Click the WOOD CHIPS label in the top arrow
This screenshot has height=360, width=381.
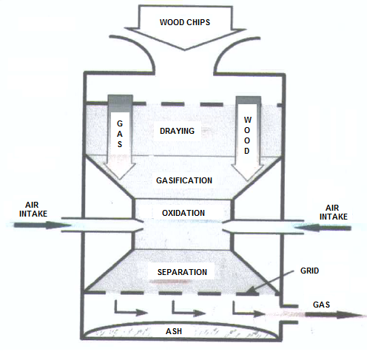tap(185, 22)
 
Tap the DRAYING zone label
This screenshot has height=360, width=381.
tap(177, 131)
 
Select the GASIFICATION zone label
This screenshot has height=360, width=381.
tap(184, 180)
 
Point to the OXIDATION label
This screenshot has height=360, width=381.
tap(183, 213)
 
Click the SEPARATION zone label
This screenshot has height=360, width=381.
tap(182, 272)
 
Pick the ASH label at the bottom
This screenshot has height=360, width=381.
tap(174, 331)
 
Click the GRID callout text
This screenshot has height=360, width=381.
tap(309, 271)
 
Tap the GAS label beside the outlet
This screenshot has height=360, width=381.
tap(321, 305)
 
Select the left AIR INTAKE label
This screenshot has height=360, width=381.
tap(33, 209)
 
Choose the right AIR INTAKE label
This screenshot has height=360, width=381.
tap(334, 212)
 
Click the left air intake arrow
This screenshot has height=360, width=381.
tap(42, 225)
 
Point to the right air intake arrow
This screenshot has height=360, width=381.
tap(323, 228)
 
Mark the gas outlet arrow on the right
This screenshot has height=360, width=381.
tap(334, 315)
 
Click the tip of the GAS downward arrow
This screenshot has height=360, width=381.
tap(120, 179)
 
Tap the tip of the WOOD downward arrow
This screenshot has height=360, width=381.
tap(248, 180)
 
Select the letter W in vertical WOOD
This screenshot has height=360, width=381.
tap(248, 120)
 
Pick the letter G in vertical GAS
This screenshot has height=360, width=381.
tap(120, 123)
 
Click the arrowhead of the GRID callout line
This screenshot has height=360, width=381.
tap(247, 291)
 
